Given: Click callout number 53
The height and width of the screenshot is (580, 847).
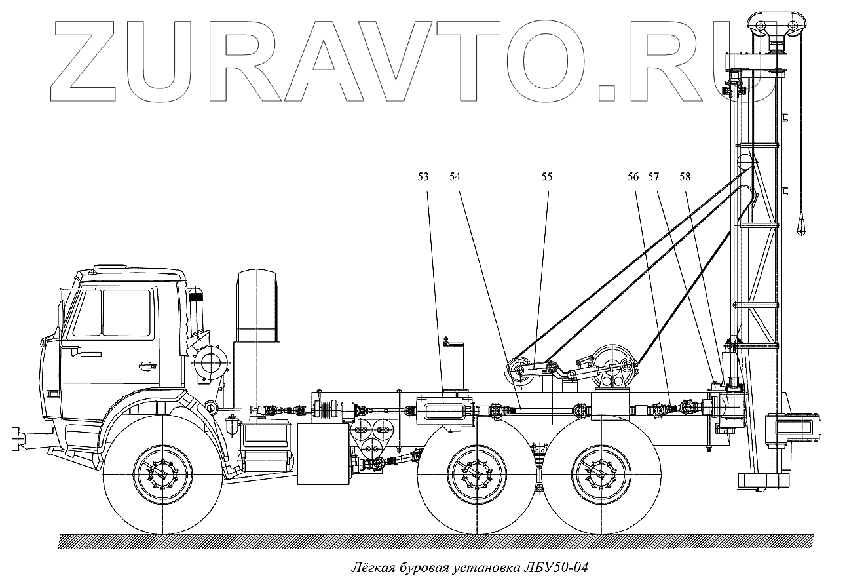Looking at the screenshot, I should click(423, 176).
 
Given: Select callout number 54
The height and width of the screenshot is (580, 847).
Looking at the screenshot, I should click(455, 176).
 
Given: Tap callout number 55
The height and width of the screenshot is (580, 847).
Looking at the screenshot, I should click(547, 176).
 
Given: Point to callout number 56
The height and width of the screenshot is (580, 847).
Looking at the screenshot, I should click(633, 176).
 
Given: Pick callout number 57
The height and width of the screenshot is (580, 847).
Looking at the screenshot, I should click(654, 176).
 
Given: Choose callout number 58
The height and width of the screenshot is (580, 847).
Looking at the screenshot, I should click(685, 176).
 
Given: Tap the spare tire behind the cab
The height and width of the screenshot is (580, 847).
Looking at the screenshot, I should click(257, 308).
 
